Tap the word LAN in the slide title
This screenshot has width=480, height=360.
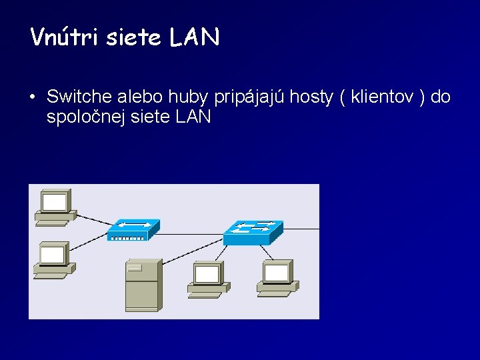pyautogui.click(x=194, y=37)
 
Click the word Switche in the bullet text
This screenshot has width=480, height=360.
pyautogui.click(x=79, y=97)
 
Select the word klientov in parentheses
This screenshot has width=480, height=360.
pyautogui.click(x=383, y=97)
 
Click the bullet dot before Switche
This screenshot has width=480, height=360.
pyautogui.click(x=32, y=98)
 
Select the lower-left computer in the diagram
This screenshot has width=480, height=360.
pyautogui.click(x=54, y=260)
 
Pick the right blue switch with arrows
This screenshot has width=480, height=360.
pyautogui.click(x=252, y=231)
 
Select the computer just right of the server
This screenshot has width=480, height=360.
pyautogui.click(x=208, y=279)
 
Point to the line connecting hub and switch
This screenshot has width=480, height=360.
pyautogui.click(x=192, y=231)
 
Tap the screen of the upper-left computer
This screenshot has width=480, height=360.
pyautogui.click(x=55, y=201)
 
